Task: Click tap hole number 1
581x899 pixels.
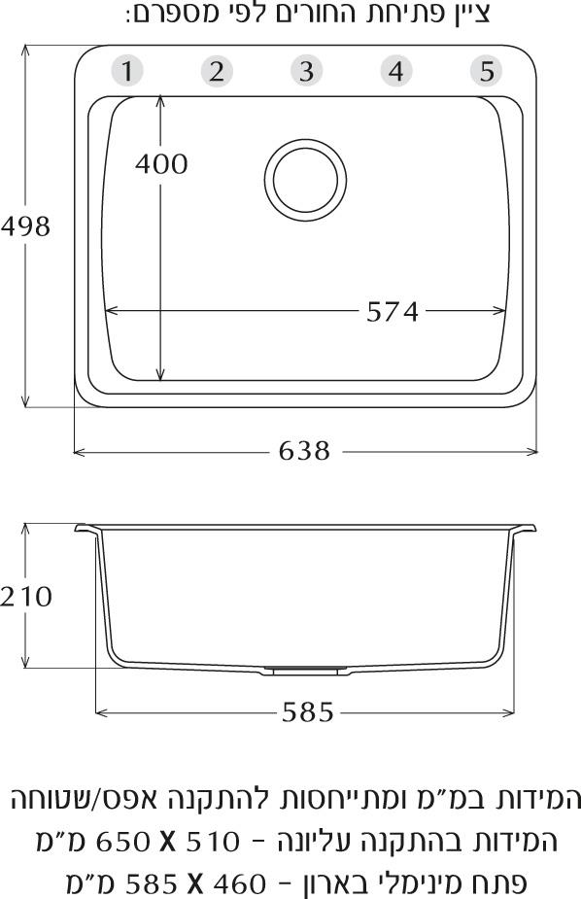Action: coord(126,71)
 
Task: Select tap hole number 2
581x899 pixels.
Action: coord(217,71)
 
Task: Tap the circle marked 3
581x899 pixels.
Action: coord(307,71)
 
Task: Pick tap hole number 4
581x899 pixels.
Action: coord(396,71)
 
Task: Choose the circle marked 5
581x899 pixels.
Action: coord(487,71)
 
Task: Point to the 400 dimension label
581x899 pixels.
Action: coord(161,164)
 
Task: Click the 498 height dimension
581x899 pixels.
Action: coord(26,226)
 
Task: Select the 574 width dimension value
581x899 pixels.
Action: coord(393,312)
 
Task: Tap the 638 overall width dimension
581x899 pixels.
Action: coord(304,451)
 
